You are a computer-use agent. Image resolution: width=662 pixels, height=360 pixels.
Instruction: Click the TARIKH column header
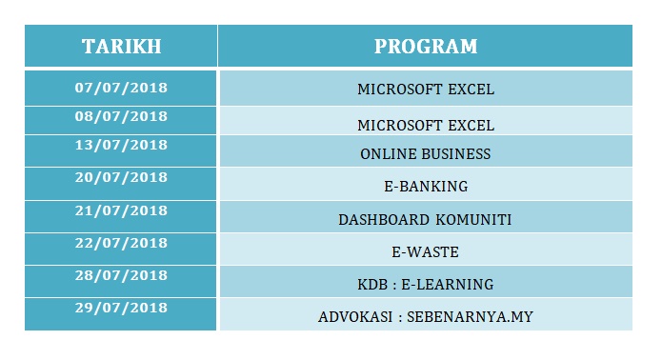coord(121,47)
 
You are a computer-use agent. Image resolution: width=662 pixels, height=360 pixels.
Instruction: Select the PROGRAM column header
coord(425,47)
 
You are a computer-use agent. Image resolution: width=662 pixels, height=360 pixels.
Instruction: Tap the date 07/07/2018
coord(121,88)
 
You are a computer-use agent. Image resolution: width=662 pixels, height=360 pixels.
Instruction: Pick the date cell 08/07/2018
coord(121,117)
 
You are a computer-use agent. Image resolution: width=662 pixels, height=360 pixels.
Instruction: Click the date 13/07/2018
coord(121,146)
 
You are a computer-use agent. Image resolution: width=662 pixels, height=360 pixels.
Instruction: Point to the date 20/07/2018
coord(121,177)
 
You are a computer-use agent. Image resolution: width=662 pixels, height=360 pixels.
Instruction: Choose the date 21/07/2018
coord(121,210)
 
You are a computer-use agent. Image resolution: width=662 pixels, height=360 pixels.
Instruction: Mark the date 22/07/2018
coord(121,243)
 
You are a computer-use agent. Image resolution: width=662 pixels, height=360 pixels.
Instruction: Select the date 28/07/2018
coord(121,275)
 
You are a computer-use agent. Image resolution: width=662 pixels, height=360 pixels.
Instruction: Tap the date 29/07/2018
coord(121,308)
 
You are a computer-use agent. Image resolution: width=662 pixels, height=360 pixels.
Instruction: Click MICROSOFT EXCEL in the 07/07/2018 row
coord(425,90)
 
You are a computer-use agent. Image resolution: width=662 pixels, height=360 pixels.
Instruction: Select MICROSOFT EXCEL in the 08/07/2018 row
coord(425,125)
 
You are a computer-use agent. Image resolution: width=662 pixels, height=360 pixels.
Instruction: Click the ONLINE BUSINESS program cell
coord(425,154)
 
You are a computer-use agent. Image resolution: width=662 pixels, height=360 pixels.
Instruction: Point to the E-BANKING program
coord(425,187)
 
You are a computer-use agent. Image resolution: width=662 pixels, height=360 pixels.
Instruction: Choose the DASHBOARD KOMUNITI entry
coord(425,220)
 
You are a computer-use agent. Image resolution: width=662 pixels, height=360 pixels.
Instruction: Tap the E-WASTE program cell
coord(425,252)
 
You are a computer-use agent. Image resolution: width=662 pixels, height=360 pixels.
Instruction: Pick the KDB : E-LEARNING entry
coord(425,285)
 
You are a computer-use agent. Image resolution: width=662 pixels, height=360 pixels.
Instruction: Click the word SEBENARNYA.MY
coord(470,316)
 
